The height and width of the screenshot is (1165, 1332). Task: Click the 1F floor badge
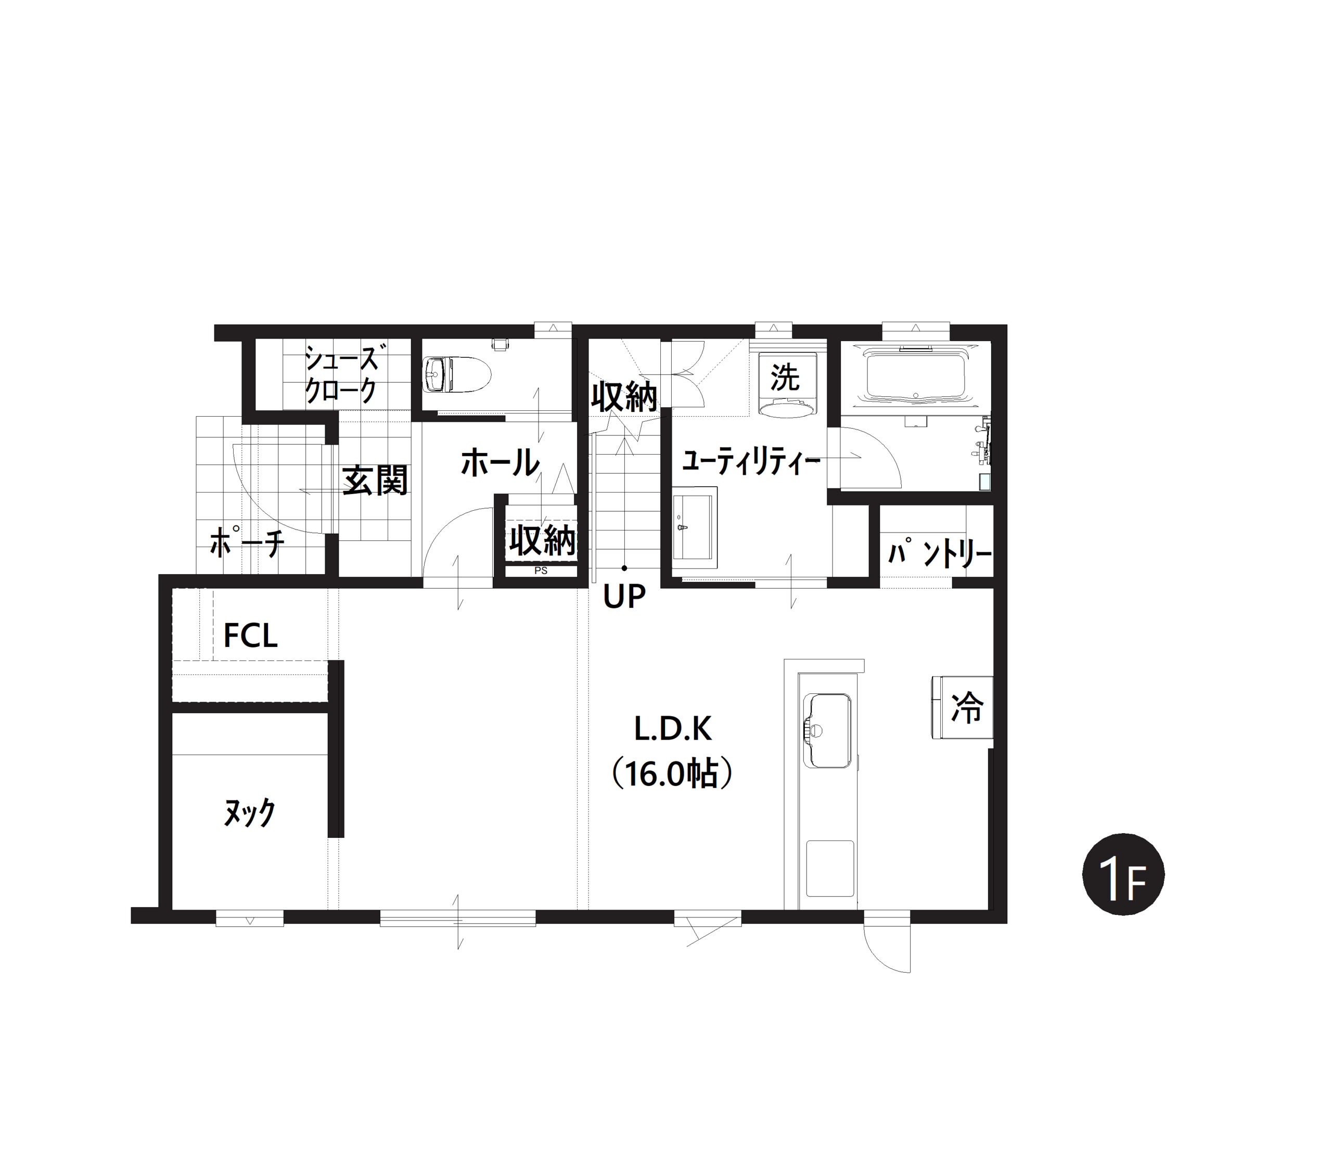(1123, 874)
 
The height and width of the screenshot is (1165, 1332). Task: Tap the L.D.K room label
(673, 729)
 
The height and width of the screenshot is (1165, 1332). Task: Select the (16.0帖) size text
(673, 774)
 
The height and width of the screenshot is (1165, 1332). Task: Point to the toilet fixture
(457, 374)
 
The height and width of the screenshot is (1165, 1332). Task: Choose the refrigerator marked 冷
(963, 707)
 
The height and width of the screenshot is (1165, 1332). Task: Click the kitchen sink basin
(827, 731)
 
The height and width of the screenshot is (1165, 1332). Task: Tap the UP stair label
(624, 596)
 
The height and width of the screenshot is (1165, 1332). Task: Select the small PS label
(541, 571)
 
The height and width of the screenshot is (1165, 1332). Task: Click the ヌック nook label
(249, 812)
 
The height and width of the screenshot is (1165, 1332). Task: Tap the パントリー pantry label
(939, 554)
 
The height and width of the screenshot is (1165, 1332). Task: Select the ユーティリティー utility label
(750, 462)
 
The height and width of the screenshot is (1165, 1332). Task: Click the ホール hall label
(500, 463)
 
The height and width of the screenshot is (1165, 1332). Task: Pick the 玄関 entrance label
(375, 481)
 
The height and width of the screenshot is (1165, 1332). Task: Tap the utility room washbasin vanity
(695, 527)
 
